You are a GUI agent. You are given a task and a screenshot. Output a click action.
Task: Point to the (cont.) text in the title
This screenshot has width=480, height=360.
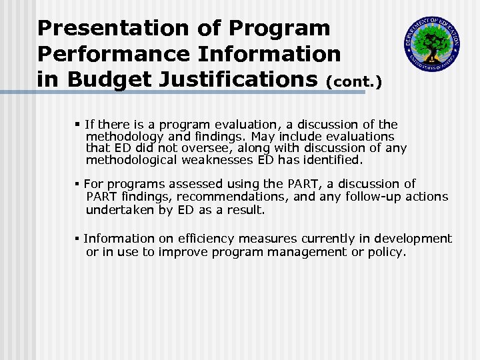tap(354, 81)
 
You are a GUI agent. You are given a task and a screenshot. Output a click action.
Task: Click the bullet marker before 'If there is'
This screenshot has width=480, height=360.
tap(78, 125)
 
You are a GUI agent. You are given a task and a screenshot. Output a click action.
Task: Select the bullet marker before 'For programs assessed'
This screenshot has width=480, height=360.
tap(78, 184)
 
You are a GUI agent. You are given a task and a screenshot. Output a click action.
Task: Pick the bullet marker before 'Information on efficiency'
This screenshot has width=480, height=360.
tap(78, 239)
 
